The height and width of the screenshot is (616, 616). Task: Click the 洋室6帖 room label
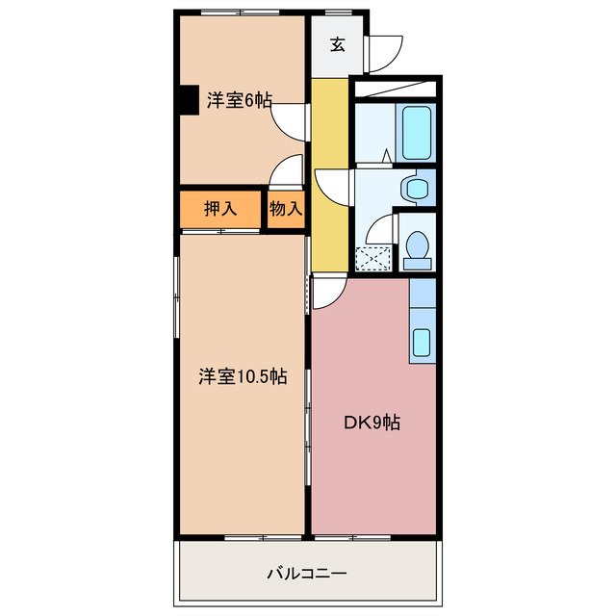coord(239,99)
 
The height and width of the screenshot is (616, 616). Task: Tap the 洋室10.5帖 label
coord(242,376)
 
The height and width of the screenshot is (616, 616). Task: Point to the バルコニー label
coord(307,574)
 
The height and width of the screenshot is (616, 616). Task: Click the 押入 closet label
coord(219,208)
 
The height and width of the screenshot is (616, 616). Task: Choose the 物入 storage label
coord(286,208)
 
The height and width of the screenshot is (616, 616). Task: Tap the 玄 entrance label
coord(337,43)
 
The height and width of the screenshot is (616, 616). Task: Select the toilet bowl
coord(418,249)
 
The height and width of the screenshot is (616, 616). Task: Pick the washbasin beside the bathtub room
coord(415,188)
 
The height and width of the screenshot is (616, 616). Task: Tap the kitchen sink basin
coord(421,343)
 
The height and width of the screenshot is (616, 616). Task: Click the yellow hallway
coord(328,173)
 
